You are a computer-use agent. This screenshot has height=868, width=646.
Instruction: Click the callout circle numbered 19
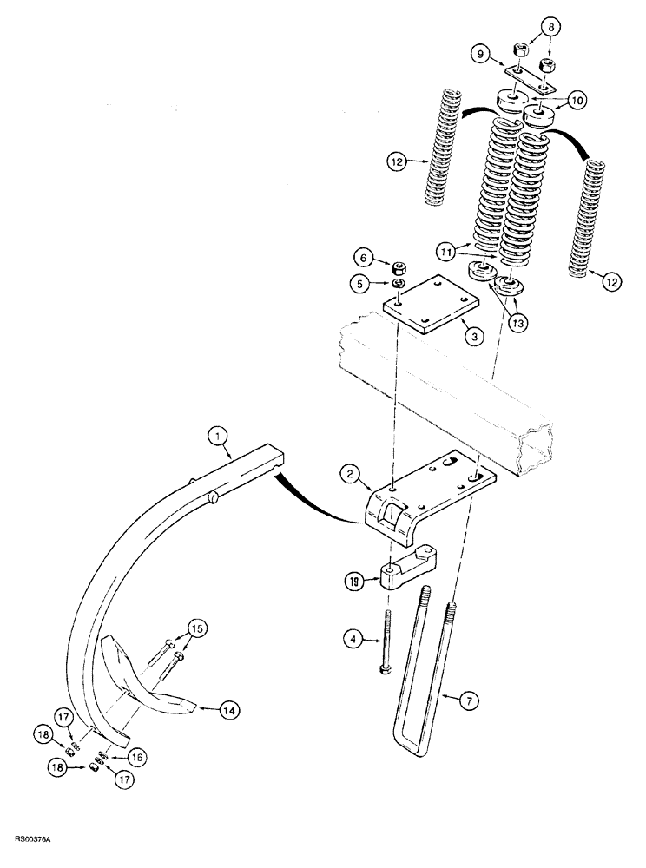click(x=352, y=583)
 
